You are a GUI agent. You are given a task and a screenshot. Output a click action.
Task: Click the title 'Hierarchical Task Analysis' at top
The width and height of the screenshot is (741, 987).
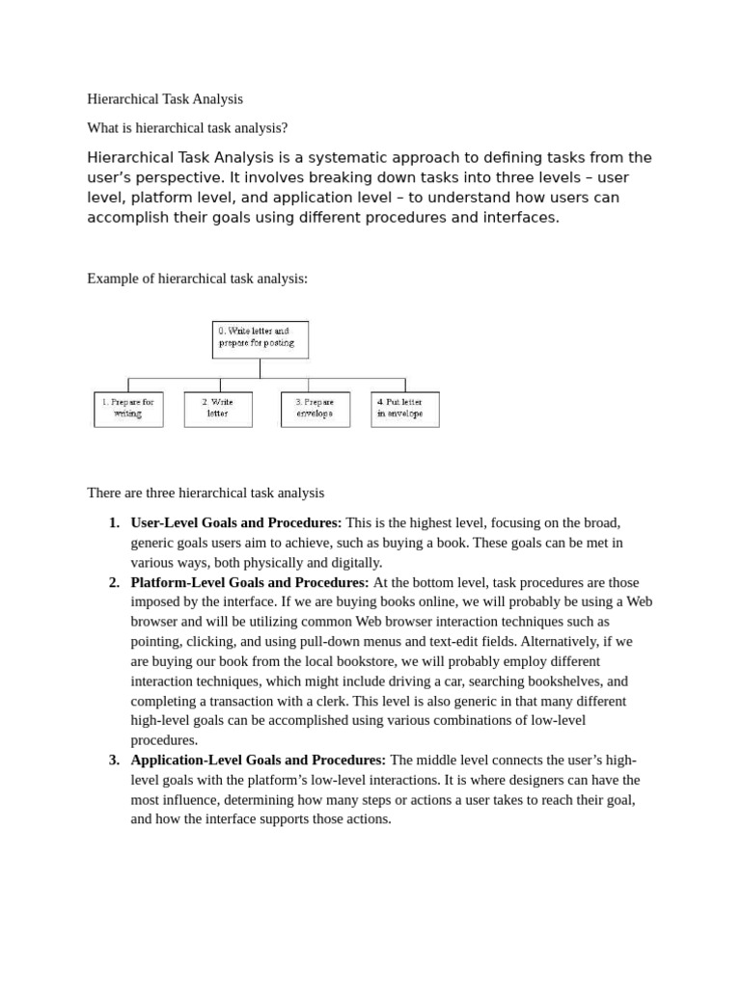165,98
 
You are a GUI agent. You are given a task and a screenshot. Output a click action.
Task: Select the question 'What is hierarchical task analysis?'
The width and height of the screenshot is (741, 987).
187,127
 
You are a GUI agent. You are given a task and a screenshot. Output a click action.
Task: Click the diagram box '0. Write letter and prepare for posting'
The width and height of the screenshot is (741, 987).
260,338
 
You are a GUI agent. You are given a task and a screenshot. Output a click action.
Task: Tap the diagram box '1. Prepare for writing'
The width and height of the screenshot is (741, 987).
128,409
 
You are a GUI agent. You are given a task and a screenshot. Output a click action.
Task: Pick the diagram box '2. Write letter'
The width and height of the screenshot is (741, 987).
218,409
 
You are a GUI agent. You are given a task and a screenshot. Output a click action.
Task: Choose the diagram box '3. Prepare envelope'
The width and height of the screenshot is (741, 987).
315,409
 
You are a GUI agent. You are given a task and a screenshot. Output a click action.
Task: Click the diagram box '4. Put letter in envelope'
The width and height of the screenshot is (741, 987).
404,409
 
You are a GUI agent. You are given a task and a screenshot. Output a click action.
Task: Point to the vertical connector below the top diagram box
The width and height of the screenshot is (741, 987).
260,368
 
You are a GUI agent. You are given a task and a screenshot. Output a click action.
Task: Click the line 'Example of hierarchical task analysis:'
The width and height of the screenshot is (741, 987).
197,279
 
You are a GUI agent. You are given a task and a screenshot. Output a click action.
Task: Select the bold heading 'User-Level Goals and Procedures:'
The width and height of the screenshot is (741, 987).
235,522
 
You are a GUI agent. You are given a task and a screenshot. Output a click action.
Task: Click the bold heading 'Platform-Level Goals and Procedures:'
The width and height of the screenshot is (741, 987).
249,582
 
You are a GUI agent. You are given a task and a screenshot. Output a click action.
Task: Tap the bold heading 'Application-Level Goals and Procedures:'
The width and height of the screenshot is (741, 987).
258,760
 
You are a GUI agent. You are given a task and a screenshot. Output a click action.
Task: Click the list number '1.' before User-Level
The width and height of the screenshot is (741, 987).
114,522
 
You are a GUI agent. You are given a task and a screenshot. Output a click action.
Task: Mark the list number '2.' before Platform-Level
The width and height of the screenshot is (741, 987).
114,582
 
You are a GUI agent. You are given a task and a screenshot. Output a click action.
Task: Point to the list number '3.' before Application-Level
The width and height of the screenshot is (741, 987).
114,760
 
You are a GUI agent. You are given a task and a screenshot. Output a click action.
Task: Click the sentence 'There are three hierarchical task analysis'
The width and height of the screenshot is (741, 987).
206,493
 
